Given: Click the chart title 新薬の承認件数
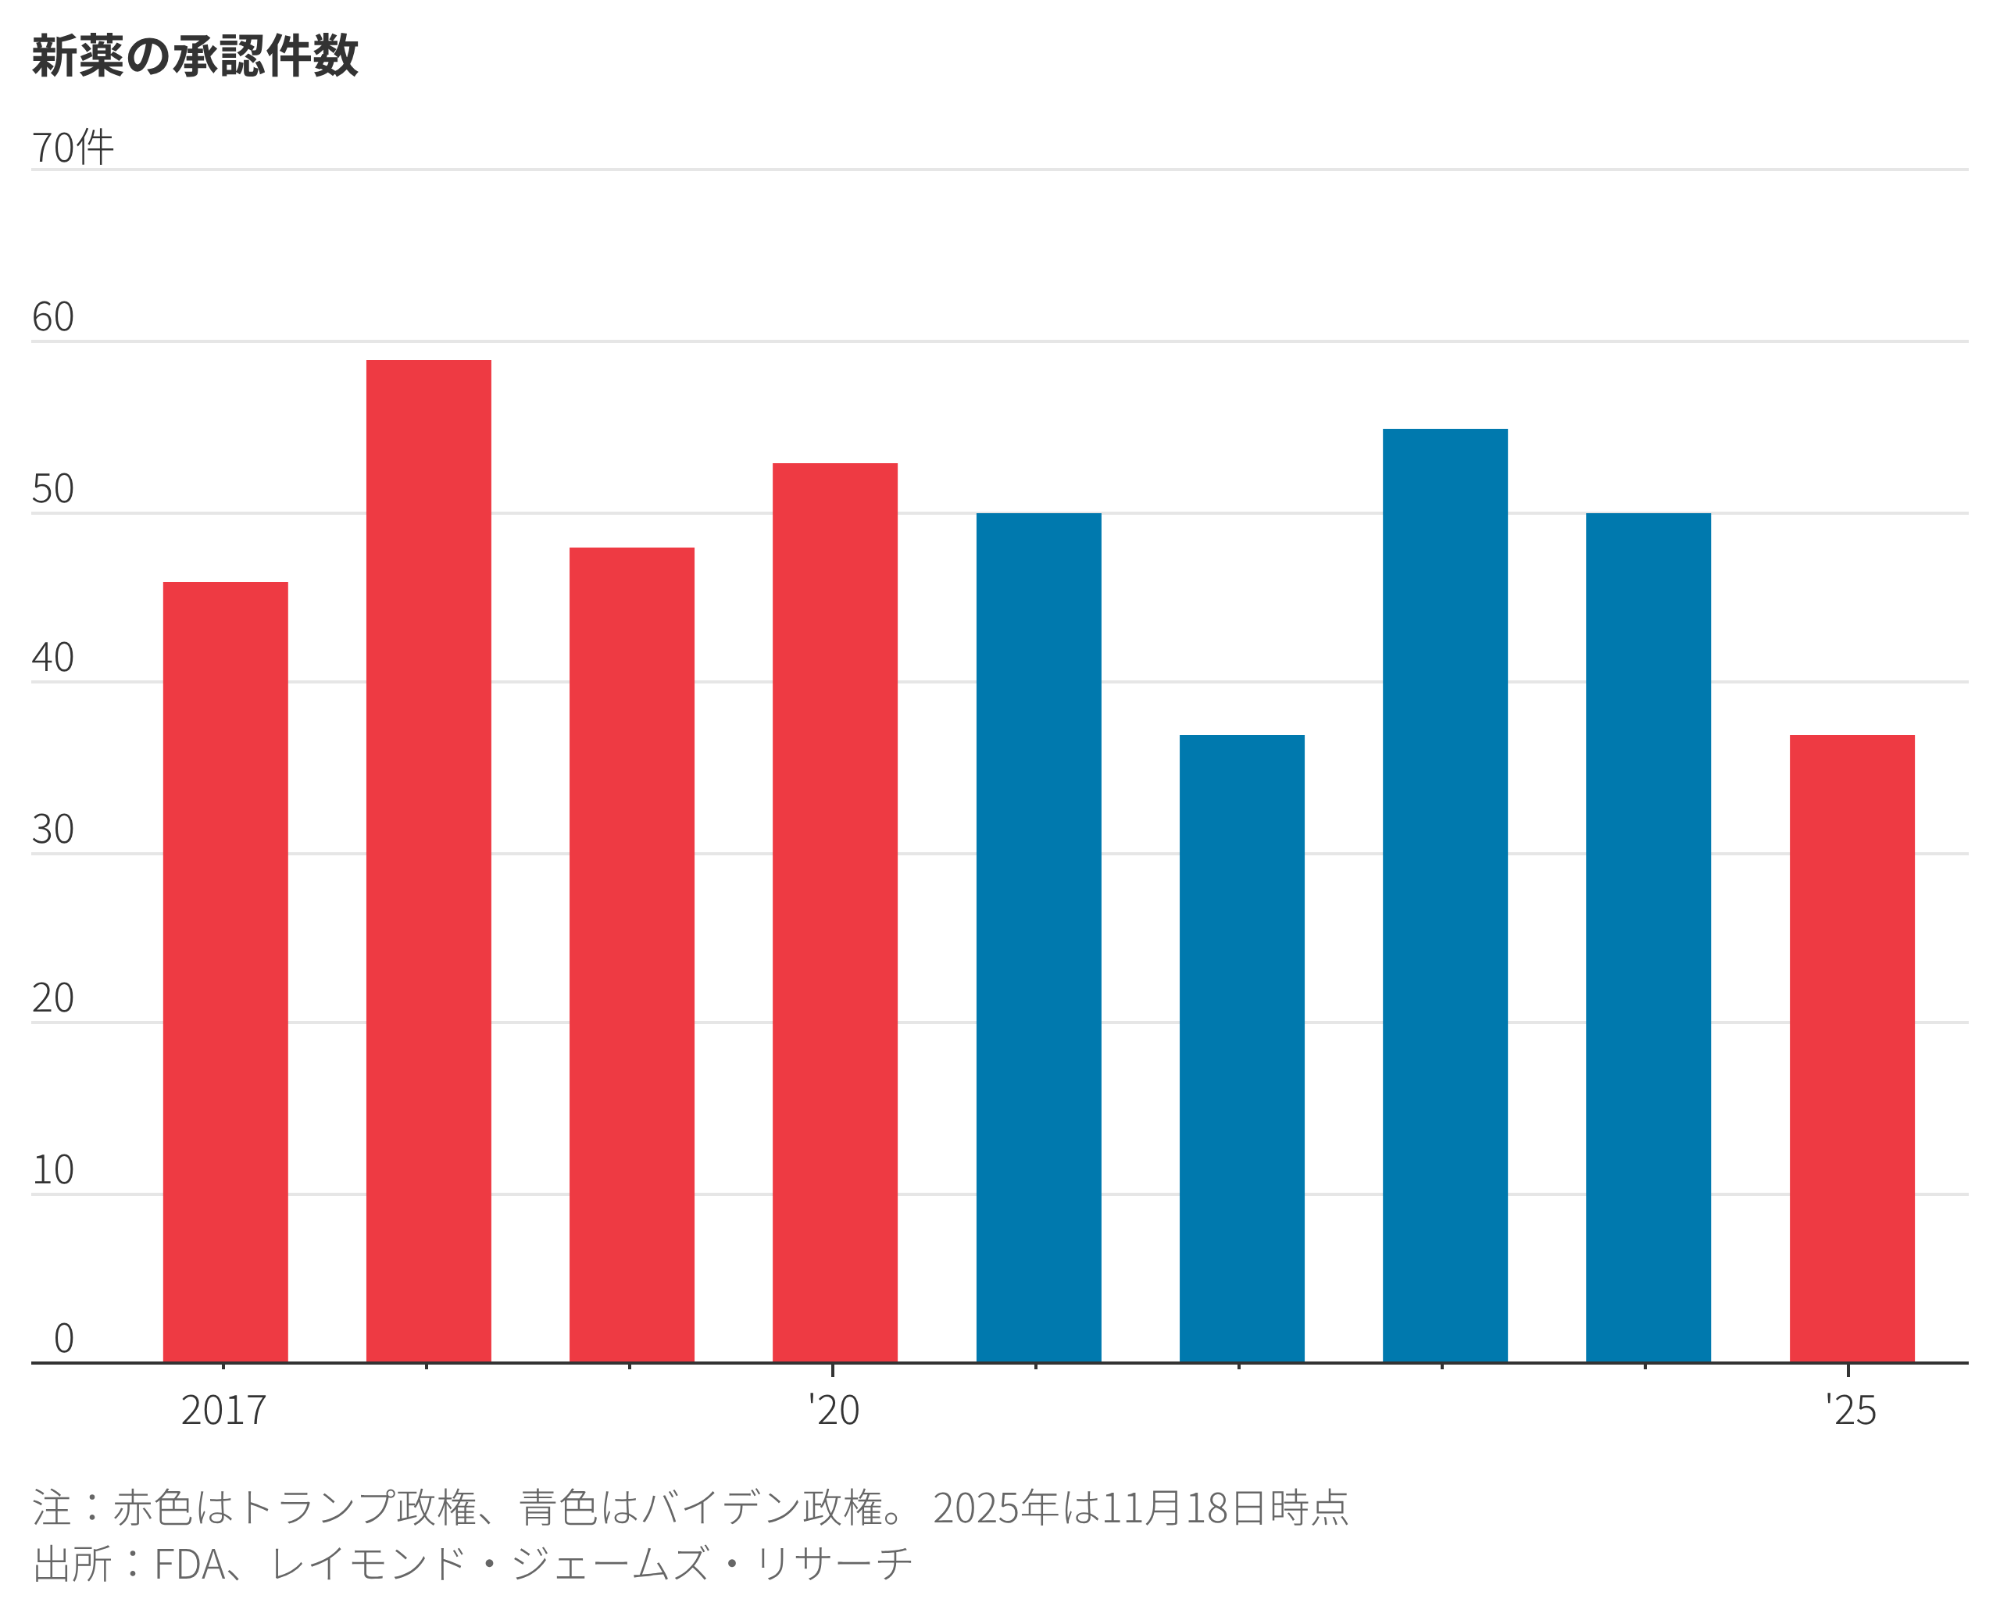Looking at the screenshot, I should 195,55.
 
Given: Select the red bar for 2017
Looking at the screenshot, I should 225,971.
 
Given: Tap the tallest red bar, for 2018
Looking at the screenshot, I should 428,860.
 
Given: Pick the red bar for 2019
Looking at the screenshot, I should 632,955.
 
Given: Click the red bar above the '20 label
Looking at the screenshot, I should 834,912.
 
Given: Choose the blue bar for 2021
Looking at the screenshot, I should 1038,937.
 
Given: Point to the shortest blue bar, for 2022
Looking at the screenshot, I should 1241,1048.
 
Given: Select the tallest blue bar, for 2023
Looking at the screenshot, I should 1445,895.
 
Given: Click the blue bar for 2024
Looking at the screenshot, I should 1648,937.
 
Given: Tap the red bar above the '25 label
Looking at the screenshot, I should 1852,1048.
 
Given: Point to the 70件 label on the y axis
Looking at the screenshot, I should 73,148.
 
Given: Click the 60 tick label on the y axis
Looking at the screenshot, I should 53,318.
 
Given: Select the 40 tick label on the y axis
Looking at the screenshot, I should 53,658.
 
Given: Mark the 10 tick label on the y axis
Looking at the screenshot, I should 53,1170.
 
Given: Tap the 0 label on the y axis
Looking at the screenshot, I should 63,1339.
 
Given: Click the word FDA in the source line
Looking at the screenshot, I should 190,1564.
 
